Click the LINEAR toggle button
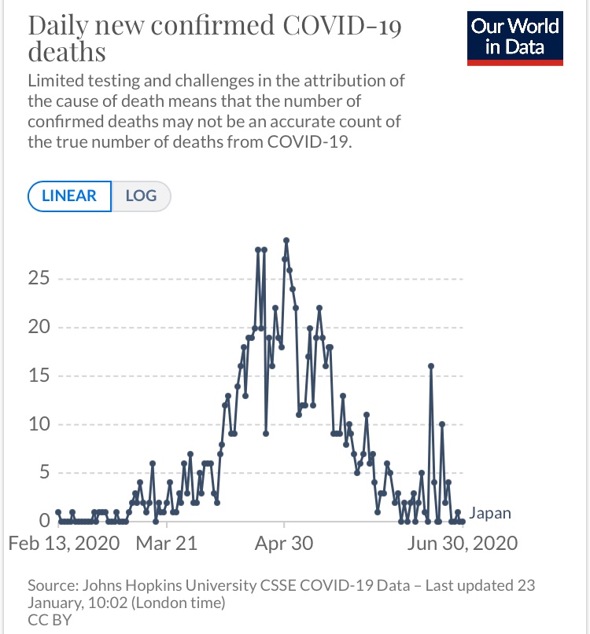69,196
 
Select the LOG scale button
141,196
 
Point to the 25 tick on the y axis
42,279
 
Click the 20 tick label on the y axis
42,328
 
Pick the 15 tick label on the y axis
42,376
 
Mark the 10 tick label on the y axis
42,425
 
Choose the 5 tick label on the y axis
46,473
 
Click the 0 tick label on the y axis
46,521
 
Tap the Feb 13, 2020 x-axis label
65,544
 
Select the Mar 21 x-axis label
167,544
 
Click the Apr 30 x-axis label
284,544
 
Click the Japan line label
490,514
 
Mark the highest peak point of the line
286,240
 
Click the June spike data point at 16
431,366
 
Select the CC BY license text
49,620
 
